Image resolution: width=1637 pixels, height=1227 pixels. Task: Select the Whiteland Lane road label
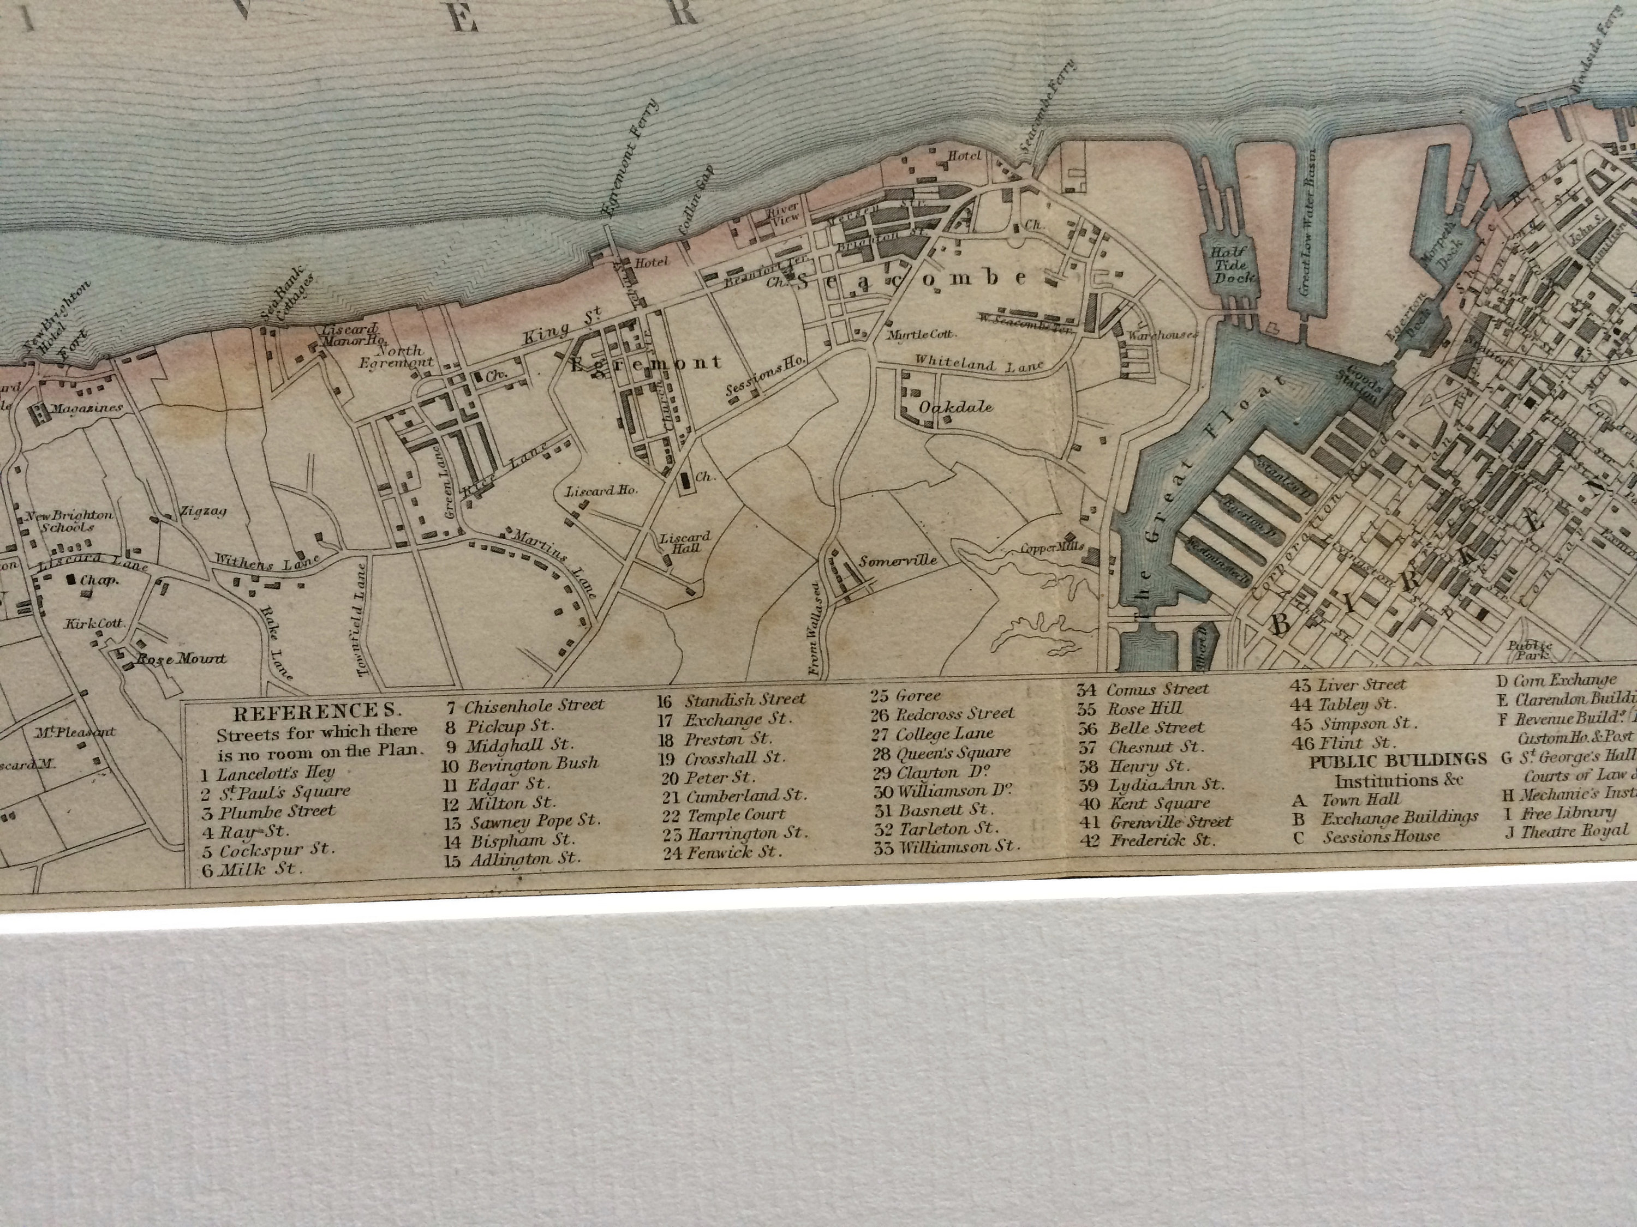click(x=978, y=363)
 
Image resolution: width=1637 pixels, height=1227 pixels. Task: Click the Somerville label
click(x=897, y=560)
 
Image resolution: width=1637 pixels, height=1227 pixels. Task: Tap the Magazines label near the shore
click(x=86, y=408)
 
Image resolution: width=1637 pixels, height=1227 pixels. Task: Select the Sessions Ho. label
click(x=764, y=378)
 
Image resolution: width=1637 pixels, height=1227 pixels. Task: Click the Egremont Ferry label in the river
click(x=631, y=158)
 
